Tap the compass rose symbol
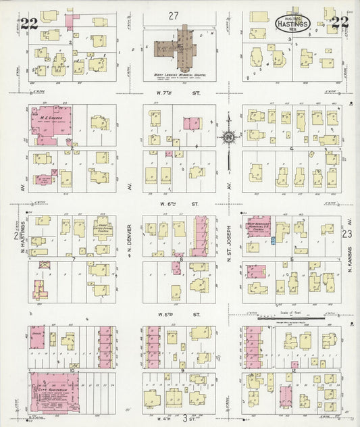point(228,138)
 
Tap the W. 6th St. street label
point(178,203)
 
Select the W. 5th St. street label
point(179,315)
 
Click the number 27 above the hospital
point(174,15)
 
